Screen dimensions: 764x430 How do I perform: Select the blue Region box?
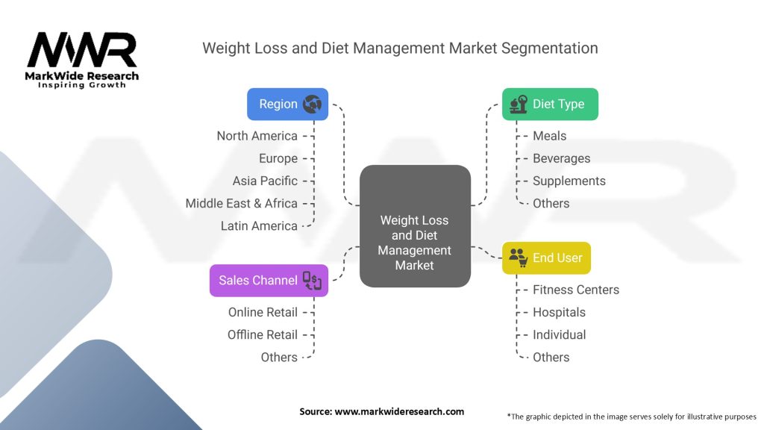click(x=287, y=105)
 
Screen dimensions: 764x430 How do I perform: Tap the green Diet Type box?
click(x=550, y=105)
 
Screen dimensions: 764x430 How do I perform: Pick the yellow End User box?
click(x=546, y=258)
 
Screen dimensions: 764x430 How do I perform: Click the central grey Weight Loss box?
click(x=415, y=226)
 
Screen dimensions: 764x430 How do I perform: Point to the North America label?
click(x=257, y=136)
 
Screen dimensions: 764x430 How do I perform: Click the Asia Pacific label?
click(x=265, y=181)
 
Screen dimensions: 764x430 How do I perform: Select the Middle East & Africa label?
click(x=241, y=203)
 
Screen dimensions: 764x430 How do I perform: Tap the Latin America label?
click(x=259, y=225)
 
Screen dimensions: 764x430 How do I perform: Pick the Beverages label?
click(x=561, y=158)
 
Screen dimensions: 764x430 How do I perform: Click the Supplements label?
click(x=569, y=181)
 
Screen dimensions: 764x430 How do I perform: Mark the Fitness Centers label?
click(x=576, y=290)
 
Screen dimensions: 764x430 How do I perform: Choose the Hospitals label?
click(x=559, y=312)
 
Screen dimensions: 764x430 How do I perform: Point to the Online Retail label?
click(x=263, y=312)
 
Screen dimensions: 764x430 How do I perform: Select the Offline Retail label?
click(x=263, y=334)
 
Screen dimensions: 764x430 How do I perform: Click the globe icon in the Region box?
click(x=312, y=105)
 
